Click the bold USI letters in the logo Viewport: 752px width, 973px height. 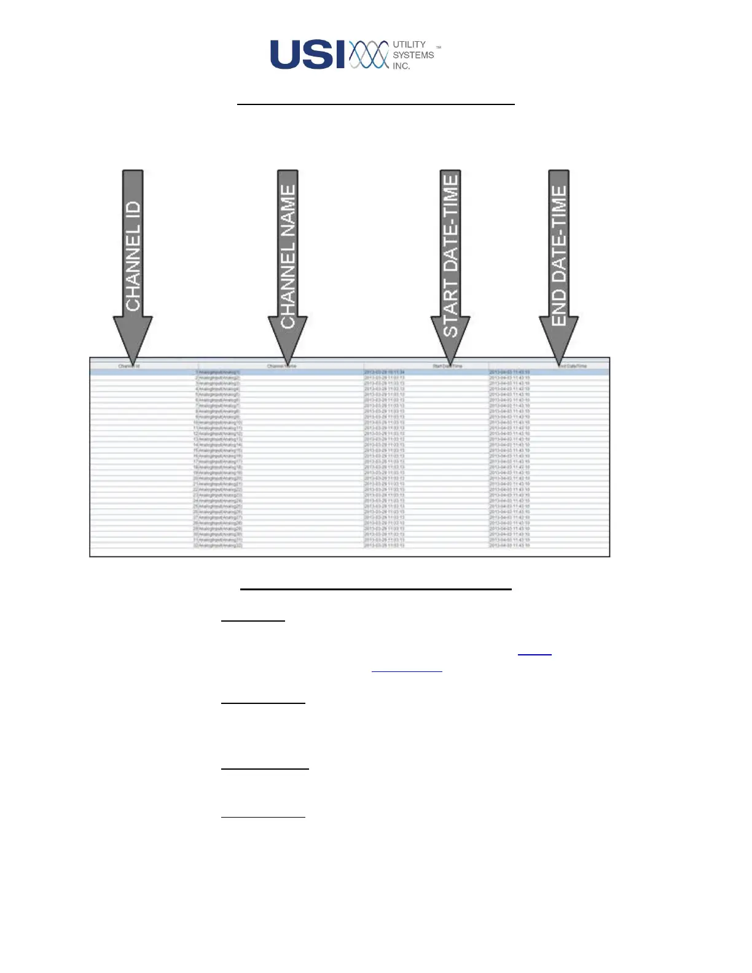point(308,55)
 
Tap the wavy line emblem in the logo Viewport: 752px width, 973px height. point(369,55)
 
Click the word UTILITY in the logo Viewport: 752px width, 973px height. point(409,44)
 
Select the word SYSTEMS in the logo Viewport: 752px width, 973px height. point(413,55)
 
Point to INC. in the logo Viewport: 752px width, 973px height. point(401,66)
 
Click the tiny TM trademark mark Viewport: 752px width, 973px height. point(439,47)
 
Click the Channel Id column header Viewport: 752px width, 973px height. point(129,366)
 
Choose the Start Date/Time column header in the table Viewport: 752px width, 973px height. point(447,366)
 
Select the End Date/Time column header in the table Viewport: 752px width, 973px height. point(573,366)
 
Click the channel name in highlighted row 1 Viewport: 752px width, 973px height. point(219,372)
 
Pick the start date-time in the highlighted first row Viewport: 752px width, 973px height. point(384,372)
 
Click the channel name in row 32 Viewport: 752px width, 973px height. point(219,545)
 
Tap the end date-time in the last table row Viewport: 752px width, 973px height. point(509,545)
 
